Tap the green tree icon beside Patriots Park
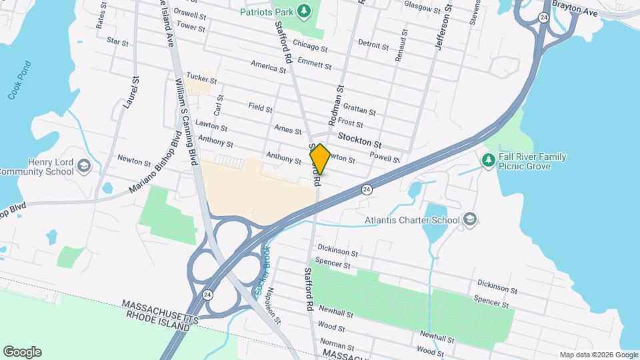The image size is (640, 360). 304,11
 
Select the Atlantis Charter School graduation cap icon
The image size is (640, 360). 470,220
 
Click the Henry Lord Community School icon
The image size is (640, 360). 83,165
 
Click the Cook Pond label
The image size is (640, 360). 21,86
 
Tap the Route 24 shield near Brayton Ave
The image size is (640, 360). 544,17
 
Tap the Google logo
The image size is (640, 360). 22,352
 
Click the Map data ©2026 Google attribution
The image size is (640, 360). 598,355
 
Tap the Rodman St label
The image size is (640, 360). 335,105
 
